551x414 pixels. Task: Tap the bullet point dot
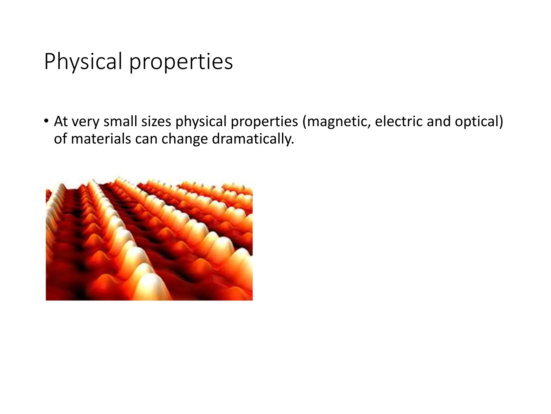tap(47, 121)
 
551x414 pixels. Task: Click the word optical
tap(478, 122)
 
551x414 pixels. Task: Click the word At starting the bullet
tap(61, 122)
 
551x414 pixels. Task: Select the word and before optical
tap(439, 122)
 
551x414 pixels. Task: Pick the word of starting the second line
tap(60, 139)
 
